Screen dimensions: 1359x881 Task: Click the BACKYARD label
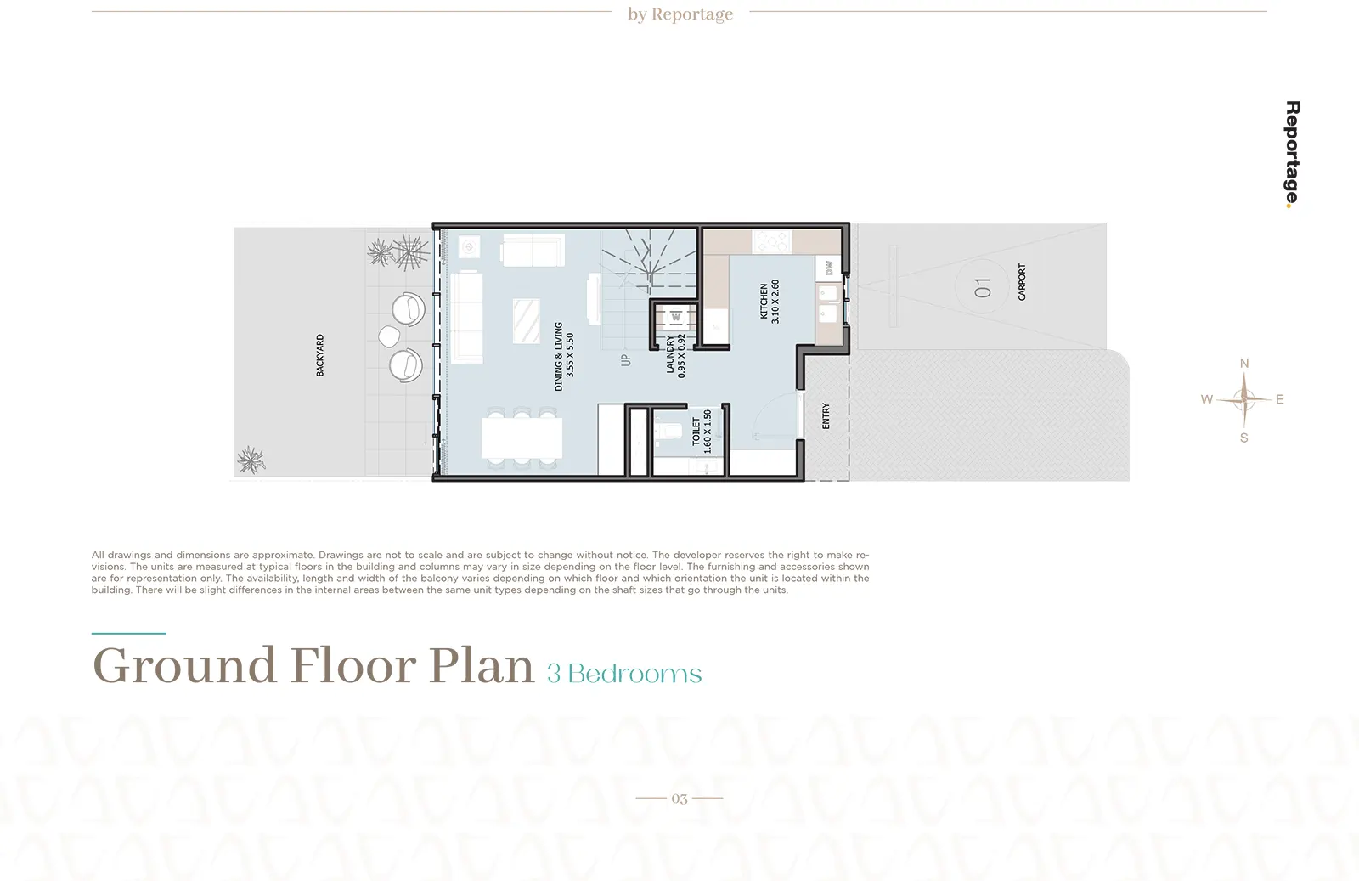[319, 355]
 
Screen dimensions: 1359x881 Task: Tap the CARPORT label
[1022, 282]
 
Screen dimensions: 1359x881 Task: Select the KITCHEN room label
[764, 301]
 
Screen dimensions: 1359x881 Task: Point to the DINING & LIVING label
[559, 356]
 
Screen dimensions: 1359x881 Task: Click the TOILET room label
[696, 432]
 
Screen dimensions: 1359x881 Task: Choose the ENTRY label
[826, 416]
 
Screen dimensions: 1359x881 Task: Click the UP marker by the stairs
[626, 360]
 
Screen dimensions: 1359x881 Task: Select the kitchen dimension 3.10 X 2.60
[775, 301]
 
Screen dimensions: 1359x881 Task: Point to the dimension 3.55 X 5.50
[570, 355]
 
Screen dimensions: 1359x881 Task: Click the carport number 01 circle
[982, 286]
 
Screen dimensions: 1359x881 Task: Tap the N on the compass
[1244, 364]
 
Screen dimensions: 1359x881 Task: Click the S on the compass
[1244, 438]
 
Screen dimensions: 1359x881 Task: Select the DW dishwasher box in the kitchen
[829, 268]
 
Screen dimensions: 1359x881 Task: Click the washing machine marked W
[676, 318]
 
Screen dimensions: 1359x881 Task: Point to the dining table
[522, 438]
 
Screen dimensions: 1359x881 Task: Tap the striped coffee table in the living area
[526, 321]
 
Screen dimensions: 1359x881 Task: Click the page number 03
[679, 799]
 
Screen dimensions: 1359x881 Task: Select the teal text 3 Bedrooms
[624, 674]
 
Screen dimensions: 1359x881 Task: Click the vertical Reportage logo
[1292, 154]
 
